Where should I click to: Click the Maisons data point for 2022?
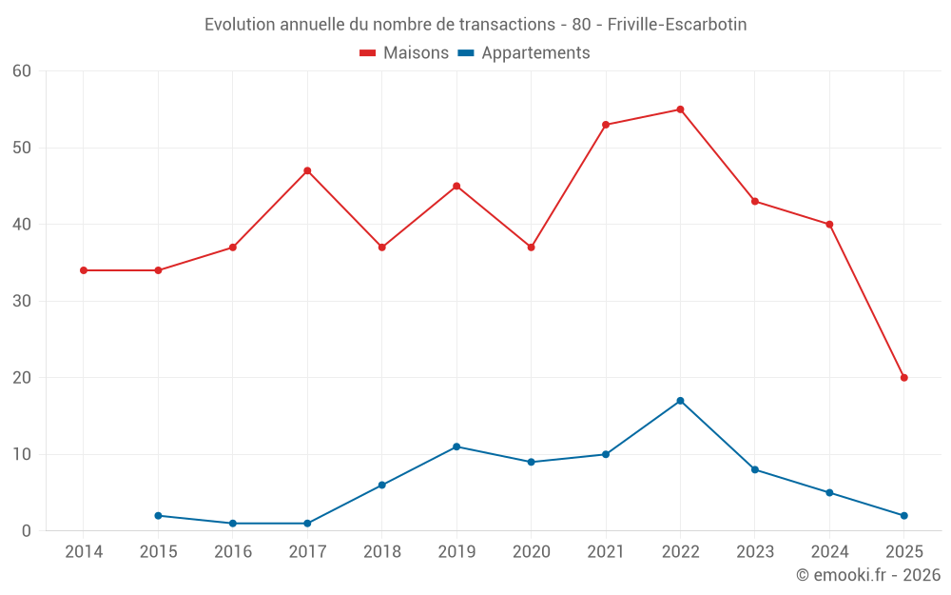click(680, 109)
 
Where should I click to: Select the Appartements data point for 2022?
click(680, 401)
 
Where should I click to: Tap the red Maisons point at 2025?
click(903, 378)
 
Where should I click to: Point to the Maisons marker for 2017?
click(307, 170)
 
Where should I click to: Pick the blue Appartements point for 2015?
click(158, 516)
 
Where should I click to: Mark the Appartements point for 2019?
click(456, 446)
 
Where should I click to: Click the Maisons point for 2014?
click(84, 270)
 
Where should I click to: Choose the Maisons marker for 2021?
click(606, 125)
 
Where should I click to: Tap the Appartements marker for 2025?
click(903, 516)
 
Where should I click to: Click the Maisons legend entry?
click(404, 53)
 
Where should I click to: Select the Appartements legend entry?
click(524, 53)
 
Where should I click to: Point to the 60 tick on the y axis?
click(22, 71)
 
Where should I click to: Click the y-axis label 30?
click(22, 301)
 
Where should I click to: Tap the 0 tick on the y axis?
click(27, 531)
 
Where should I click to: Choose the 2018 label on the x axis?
click(381, 552)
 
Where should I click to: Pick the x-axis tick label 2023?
click(755, 552)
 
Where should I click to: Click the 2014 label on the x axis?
click(84, 552)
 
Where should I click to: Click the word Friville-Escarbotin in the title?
click(676, 24)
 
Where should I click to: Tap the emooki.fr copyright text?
click(867, 575)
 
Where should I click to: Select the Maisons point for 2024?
click(829, 225)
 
